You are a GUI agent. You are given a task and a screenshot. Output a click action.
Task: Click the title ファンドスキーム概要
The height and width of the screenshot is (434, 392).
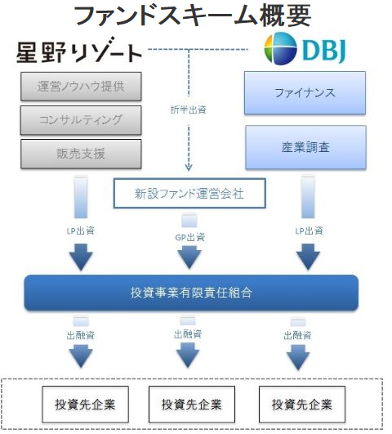(x=193, y=16)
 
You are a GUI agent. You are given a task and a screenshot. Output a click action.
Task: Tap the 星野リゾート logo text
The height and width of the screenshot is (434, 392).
(x=79, y=51)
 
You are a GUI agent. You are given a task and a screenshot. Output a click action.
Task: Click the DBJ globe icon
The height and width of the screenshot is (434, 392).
(x=280, y=48)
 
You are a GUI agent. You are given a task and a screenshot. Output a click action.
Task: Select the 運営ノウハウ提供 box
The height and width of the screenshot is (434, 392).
(x=81, y=87)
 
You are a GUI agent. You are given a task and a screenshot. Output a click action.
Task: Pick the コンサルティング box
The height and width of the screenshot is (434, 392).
(x=81, y=120)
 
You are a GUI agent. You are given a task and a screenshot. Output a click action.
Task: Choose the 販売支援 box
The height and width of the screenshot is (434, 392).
(x=81, y=154)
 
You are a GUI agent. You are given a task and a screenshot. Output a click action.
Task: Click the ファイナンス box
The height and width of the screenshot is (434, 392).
(x=305, y=92)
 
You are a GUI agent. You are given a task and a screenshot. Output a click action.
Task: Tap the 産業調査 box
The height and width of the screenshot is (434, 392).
(x=305, y=147)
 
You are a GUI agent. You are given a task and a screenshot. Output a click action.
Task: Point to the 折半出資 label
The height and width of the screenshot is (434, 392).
(x=189, y=110)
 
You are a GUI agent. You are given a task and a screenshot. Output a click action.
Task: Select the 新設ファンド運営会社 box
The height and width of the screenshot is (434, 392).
(x=189, y=193)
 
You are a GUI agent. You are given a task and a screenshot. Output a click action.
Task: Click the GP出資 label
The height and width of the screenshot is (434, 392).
(x=189, y=238)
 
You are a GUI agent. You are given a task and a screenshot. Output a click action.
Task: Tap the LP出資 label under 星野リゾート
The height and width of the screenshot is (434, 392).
(x=81, y=230)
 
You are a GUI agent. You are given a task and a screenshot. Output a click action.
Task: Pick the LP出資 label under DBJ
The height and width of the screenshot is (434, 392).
(x=309, y=230)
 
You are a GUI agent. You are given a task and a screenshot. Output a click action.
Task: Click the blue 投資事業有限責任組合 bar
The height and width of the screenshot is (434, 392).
(x=191, y=293)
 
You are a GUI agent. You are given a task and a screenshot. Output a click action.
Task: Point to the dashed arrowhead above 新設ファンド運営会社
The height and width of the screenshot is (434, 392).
(x=189, y=168)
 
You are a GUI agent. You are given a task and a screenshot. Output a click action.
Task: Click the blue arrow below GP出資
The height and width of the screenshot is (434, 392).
(x=189, y=256)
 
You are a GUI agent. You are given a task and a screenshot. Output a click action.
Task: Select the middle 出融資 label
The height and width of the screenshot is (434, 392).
(x=188, y=334)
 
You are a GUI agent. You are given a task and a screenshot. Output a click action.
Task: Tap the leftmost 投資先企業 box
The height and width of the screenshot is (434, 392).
(x=85, y=404)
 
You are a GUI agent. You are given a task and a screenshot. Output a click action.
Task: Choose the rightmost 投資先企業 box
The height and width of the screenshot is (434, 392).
(x=302, y=404)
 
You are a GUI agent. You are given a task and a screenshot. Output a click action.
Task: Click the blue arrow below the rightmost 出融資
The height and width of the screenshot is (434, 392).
(x=298, y=357)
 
